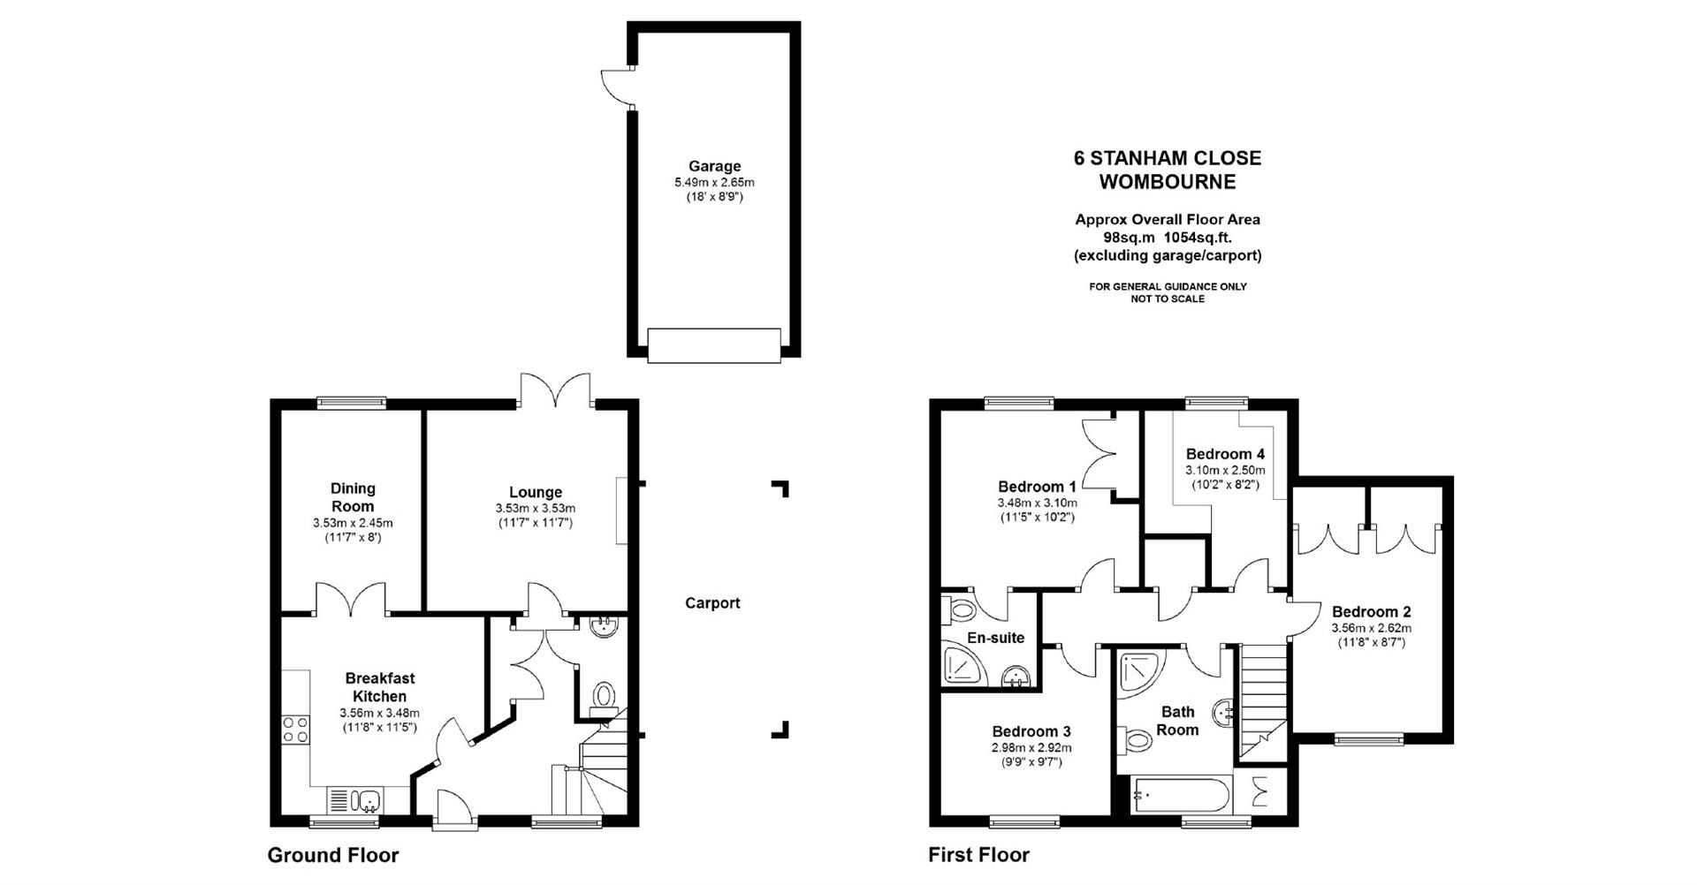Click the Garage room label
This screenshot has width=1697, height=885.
pyautogui.click(x=714, y=166)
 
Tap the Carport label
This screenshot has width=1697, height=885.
pyautogui.click(x=712, y=603)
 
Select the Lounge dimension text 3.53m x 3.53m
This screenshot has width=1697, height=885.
pyautogui.click(x=535, y=509)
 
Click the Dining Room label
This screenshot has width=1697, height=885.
pyautogui.click(x=353, y=497)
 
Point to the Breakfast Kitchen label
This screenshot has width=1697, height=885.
pyautogui.click(x=379, y=687)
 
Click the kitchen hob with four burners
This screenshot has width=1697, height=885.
pyautogui.click(x=296, y=730)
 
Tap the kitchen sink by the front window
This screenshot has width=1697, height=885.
pyautogui.click(x=369, y=801)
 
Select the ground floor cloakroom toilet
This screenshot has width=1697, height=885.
pyautogui.click(x=605, y=695)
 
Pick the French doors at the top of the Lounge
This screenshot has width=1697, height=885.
pyautogui.click(x=555, y=390)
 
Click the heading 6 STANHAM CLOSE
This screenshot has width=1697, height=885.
pyautogui.click(x=1167, y=158)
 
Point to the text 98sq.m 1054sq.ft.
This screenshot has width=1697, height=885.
pyautogui.click(x=1167, y=238)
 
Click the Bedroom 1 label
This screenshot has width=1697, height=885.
pyautogui.click(x=1037, y=487)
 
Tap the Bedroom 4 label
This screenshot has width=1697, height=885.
pyautogui.click(x=1225, y=454)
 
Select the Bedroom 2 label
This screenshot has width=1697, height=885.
pyautogui.click(x=1371, y=612)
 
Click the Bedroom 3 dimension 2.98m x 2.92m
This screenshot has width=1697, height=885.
pyautogui.click(x=1031, y=747)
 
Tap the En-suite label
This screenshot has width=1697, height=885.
pyautogui.click(x=995, y=638)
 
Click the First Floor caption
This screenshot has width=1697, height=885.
pyautogui.click(x=978, y=855)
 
